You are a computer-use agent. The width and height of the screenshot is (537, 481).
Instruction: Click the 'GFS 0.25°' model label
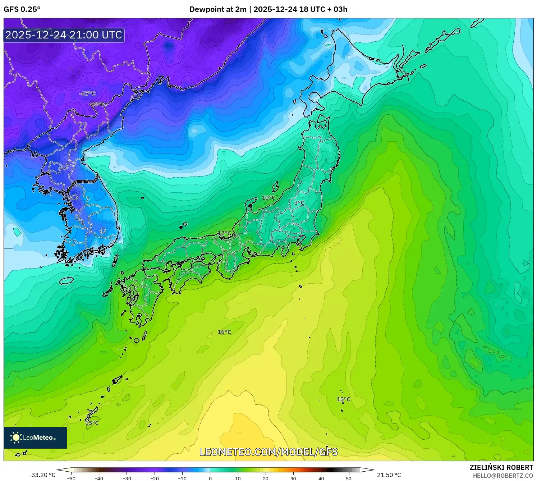coord(22,9)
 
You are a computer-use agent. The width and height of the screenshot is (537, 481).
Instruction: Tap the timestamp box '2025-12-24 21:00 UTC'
coord(64,35)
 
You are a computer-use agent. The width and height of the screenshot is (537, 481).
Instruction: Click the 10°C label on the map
coord(268,198)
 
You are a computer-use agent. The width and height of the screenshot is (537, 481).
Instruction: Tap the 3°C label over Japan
coord(299,203)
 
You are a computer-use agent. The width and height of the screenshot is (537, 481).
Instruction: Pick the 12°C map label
coord(225,233)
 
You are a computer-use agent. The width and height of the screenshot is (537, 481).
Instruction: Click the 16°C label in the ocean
coord(224,332)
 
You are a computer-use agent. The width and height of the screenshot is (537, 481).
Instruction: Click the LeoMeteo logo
coord(35,438)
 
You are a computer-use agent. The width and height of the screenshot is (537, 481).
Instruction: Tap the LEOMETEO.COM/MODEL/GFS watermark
coord(268,452)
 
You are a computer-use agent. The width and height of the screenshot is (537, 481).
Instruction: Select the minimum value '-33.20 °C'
coord(42,475)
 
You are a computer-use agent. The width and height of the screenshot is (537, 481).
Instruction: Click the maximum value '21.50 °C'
coord(389,475)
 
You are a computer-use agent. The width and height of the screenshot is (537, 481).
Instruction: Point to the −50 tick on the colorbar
coord(71,478)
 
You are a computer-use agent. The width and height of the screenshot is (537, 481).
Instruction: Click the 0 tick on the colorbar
coord(210,478)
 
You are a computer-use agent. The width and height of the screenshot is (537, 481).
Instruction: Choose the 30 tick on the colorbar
coord(293,478)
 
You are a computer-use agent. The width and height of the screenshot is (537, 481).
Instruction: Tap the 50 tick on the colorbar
coord(349,478)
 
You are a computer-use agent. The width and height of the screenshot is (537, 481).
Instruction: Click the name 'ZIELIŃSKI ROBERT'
coord(501,467)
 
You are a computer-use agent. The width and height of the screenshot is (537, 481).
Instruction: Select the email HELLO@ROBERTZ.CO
coord(503,476)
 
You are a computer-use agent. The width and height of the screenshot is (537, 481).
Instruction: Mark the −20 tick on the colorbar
coord(154,478)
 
